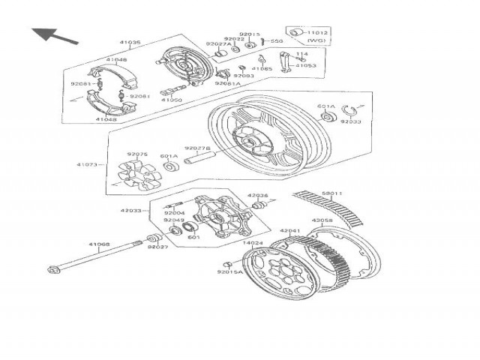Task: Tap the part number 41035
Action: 130,43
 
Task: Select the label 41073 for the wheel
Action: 86,164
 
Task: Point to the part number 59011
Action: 332,193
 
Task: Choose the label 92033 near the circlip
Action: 350,121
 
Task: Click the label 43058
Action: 322,220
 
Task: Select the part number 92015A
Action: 230,272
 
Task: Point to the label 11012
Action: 319,34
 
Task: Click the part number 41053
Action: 305,66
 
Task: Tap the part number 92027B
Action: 197,148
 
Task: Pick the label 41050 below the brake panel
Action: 172,100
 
